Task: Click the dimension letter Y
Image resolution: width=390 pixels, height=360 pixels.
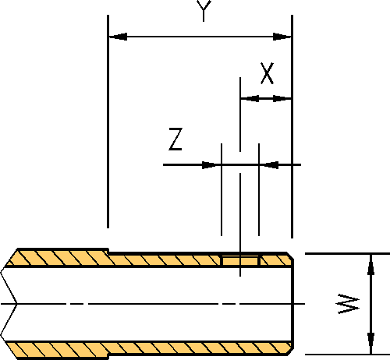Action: (204, 10)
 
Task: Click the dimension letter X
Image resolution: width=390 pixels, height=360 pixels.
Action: (267, 73)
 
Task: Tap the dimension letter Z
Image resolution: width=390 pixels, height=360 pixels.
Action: (175, 139)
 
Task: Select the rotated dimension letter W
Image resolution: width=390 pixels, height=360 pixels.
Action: (349, 304)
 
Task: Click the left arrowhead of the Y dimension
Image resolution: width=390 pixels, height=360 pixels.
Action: (119, 37)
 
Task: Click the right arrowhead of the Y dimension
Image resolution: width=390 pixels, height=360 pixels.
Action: (282, 37)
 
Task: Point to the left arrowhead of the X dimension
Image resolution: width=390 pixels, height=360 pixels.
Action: (250, 99)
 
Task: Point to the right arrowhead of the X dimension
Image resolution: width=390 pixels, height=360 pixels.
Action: (282, 99)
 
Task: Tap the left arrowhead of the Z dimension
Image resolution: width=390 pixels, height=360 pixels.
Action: (211, 165)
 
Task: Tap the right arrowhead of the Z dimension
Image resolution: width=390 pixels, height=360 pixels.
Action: (269, 165)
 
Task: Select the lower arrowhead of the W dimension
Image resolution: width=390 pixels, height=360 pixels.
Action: (371, 343)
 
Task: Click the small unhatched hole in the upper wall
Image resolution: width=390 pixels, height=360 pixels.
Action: (240, 260)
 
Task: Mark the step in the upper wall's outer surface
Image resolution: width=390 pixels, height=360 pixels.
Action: (108, 250)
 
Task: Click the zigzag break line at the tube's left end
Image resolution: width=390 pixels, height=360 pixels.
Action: (9, 303)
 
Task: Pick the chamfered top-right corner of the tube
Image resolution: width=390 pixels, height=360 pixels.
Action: (290, 256)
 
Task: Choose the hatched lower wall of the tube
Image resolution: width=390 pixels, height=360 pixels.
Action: (148, 349)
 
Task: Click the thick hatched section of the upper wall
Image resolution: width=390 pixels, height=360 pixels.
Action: (58, 257)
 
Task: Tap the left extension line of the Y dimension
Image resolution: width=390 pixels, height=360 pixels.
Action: (108, 122)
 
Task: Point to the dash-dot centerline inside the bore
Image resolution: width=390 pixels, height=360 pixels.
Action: (153, 303)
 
